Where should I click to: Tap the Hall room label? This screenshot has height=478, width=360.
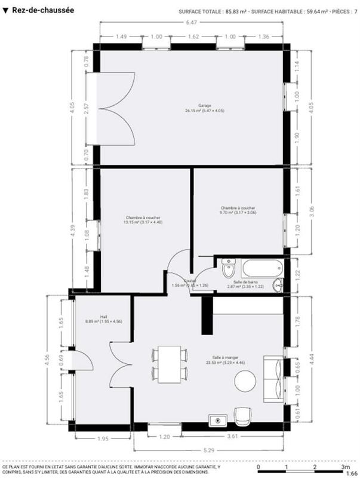pos(87,318)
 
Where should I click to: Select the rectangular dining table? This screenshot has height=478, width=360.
pos(170,364)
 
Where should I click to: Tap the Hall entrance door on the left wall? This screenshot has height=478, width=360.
pos(81,360)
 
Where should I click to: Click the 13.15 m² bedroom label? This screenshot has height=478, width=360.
pos(143,220)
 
